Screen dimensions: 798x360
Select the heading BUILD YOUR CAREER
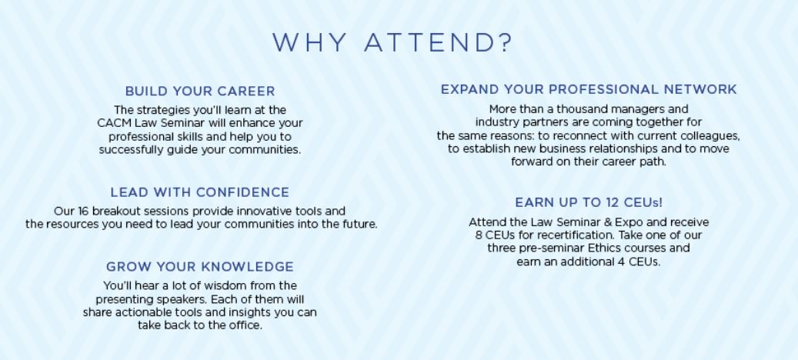pos(200,92)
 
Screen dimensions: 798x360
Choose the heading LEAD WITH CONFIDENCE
pos(200,193)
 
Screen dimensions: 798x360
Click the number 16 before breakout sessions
pos(83,211)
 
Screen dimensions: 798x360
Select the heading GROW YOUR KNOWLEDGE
pos(200,267)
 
